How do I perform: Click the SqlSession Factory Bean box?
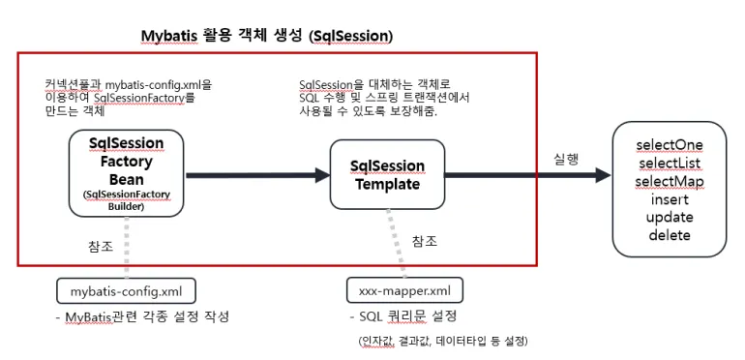[x=126, y=173]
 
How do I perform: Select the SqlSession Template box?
[x=387, y=174]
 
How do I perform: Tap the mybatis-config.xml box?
[x=126, y=290]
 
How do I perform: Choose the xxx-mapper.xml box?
[x=404, y=290]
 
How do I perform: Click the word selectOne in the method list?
[x=670, y=145]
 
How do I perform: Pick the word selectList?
[x=670, y=163]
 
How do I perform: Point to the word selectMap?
[x=670, y=181]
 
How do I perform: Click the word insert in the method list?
[x=670, y=199]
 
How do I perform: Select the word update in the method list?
[x=670, y=218]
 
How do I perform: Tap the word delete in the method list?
[x=670, y=235]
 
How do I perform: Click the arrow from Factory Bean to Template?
[x=258, y=175]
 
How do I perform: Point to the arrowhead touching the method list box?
[x=603, y=175]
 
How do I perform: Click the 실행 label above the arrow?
[x=566, y=159]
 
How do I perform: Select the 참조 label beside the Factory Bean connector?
[x=101, y=247]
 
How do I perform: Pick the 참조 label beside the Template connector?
[x=425, y=241]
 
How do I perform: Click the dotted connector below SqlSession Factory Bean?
[x=127, y=248]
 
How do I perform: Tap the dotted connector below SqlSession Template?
[x=397, y=244]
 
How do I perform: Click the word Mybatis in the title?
[x=169, y=37]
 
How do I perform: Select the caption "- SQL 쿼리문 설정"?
[x=402, y=316]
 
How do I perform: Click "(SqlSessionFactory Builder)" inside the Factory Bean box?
[x=127, y=201]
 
